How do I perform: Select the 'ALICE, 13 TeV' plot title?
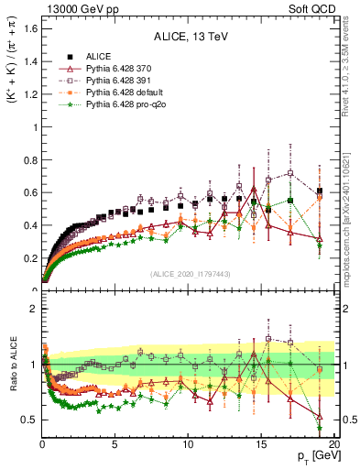(x=191, y=38)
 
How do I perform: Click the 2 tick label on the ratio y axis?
(x=33, y=309)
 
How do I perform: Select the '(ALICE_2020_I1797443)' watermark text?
(x=190, y=274)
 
